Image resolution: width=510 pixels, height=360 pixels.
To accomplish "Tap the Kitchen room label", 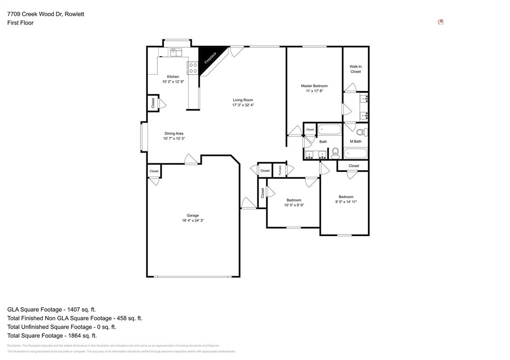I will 173,77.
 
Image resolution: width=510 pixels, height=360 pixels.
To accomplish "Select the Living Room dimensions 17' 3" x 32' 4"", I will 243,105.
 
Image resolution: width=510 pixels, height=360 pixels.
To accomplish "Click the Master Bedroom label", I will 314,86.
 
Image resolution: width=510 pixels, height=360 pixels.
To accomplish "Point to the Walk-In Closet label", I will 355,69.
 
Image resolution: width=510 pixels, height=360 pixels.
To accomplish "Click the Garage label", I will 193,216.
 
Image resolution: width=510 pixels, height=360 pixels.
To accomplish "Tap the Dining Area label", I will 174,133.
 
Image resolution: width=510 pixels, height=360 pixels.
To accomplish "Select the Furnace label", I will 280,170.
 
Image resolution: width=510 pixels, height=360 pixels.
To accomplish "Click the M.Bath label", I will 355,142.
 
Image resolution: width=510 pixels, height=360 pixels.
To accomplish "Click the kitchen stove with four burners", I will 192,68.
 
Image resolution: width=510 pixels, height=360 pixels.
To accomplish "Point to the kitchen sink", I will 176,51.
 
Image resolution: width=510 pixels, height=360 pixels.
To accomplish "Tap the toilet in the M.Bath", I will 363,132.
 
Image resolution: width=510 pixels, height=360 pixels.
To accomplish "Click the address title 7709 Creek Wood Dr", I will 45,14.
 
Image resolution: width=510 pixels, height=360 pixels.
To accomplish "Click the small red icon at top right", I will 440,22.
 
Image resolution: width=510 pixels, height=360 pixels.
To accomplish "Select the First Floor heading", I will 20,23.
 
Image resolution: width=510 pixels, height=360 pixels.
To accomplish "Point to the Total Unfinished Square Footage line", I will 61,327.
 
